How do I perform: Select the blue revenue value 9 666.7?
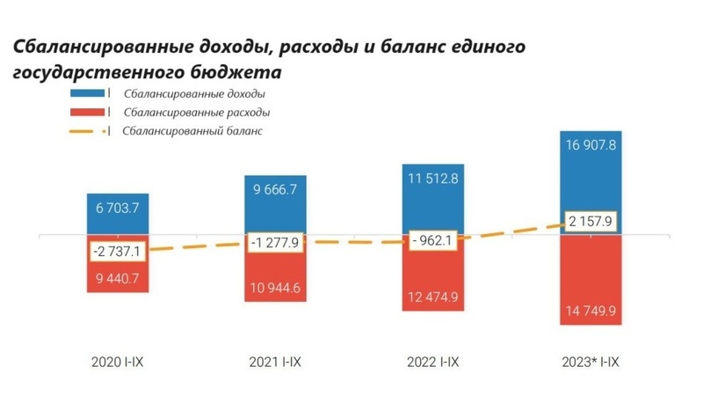tap(275, 189)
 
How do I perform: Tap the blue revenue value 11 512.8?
tap(431, 180)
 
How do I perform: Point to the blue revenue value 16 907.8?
tap(590, 146)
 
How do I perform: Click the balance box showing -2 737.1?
tap(117, 251)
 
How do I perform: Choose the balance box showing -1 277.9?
tap(275, 242)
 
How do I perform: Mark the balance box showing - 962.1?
tap(431, 238)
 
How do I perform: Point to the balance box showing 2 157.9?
tap(591, 220)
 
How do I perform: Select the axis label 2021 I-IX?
tap(274, 363)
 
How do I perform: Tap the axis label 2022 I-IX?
tap(431, 363)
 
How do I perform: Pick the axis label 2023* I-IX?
tap(590, 363)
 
